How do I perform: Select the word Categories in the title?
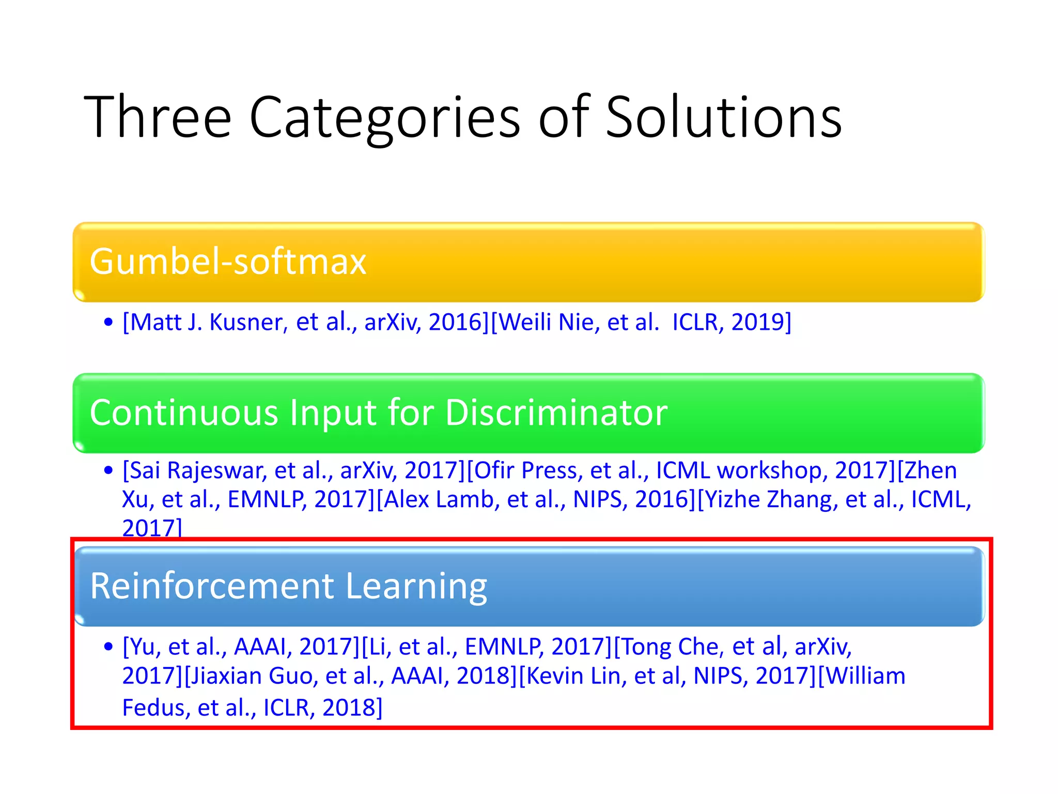[x=384, y=118]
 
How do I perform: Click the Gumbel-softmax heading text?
[x=228, y=261]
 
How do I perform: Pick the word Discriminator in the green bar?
[x=556, y=413]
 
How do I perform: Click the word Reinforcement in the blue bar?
[x=212, y=586]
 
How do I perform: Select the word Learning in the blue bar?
[x=416, y=587]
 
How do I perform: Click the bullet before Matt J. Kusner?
[x=108, y=323]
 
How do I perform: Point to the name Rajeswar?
[x=217, y=470]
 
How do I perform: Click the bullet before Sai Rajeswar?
[x=108, y=470]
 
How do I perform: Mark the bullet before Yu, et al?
[x=108, y=647]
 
